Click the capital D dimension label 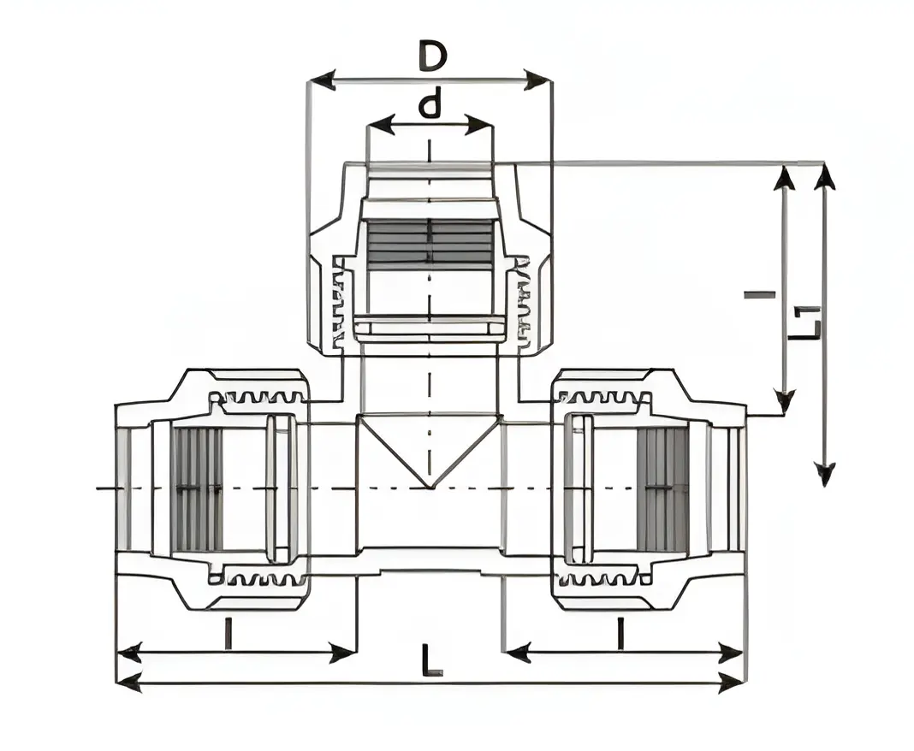[x=432, y=56]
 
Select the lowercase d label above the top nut [x=430, y=105]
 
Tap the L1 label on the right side [x=805, y=322]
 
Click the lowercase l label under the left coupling [x=227, y=634]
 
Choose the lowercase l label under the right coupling [x=620, y=634]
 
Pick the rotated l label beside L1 [x=759, y=295]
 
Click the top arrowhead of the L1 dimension [x=824, y=176]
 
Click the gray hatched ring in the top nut [x=430, y=243]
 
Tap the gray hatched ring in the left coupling [x=196, y=489]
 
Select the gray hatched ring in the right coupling [x=662, y=489]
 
